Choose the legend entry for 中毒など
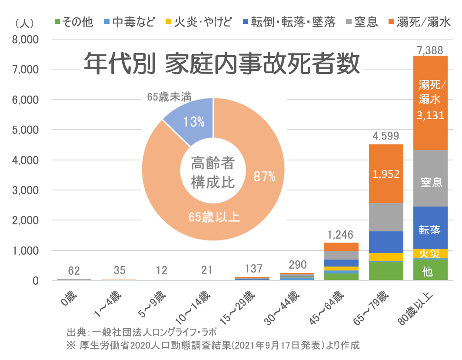click(129, 22)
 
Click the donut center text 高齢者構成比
click(213, 173)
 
